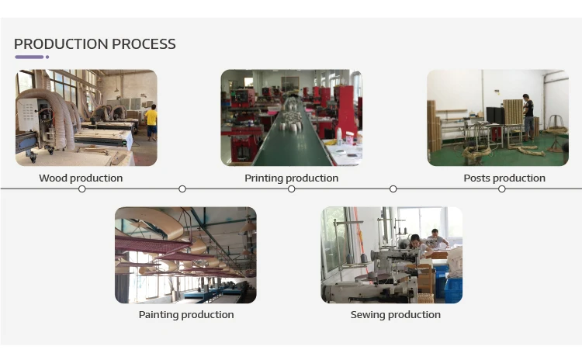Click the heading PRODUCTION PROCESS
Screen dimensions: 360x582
(x=95, y=44)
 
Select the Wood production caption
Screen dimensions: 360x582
(x=81, y=178)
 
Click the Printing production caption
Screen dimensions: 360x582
(x=291, y=178)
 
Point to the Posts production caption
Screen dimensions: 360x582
(x=504, y=178)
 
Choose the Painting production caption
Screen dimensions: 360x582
(x=185, y=315)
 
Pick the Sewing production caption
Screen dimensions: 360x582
(x=395, y=315)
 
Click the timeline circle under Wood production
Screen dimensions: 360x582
(x=81, y=189)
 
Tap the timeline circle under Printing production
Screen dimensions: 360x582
(x=292, y=189)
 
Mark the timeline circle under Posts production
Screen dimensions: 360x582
(x=502, y=189)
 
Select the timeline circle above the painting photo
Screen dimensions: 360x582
(x=182, y=189)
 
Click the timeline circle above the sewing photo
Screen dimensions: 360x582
(x=393, y=189)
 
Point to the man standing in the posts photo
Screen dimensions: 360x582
(x=528, y=114)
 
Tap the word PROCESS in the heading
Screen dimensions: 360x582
(x=144, y=44)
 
